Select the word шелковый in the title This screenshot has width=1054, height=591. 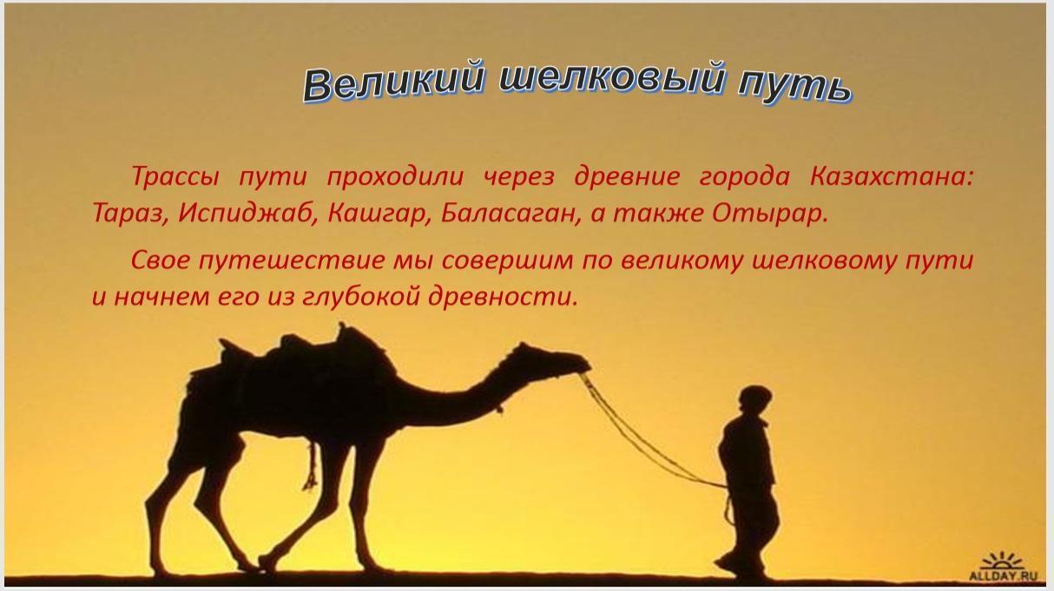[610, 80]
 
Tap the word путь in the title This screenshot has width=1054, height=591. [794, 85]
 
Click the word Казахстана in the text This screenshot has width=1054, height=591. [891, 177]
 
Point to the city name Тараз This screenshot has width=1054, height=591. [130, 214]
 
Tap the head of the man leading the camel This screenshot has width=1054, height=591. [754, 401]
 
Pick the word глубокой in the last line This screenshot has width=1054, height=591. [360, 297]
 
